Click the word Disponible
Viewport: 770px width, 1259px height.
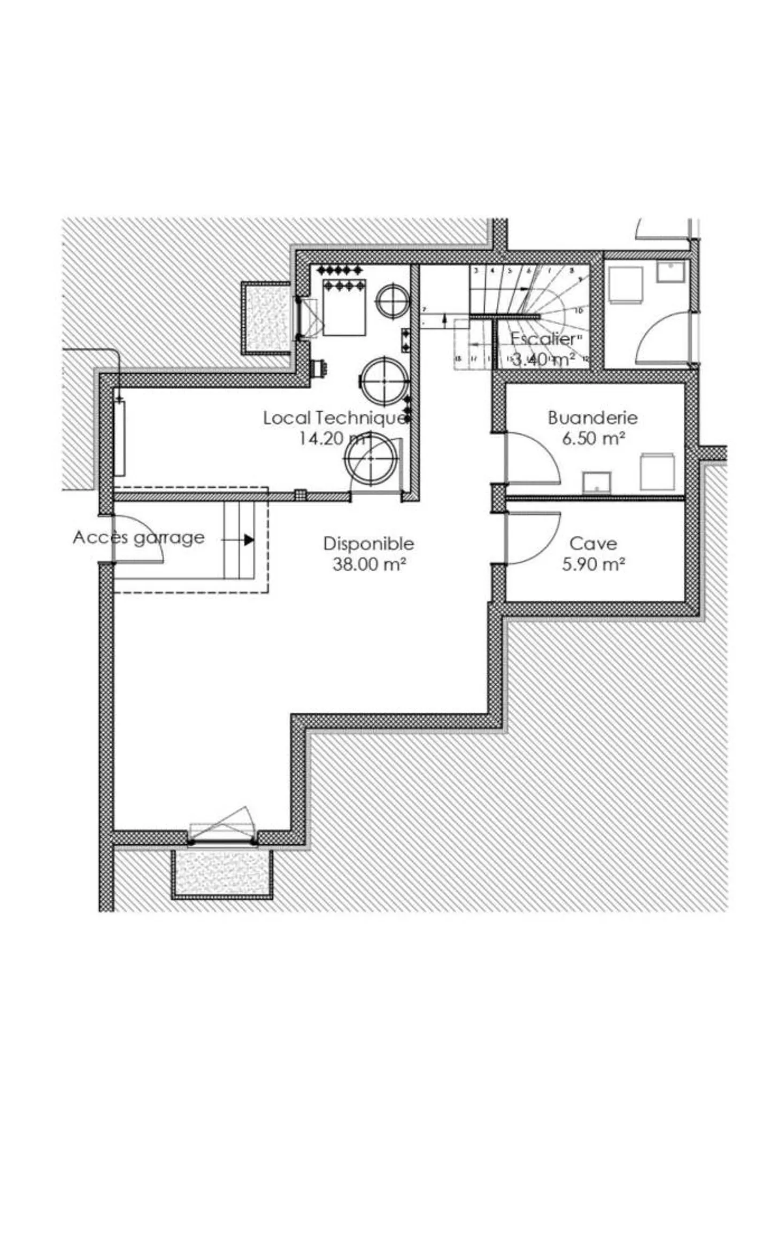[368, 544]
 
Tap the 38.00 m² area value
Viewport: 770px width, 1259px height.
[368, 564]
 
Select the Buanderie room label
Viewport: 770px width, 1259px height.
[592, 418]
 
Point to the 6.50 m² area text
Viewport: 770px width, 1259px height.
[593, 438]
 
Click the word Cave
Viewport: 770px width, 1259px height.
[593, 544]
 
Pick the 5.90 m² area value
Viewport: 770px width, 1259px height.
[593, 564]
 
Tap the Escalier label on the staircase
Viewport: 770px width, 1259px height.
[543, 338]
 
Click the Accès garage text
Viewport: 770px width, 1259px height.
[138, 537]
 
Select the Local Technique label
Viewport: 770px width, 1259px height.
[334, 418]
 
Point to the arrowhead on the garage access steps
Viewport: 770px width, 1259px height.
[249, 540]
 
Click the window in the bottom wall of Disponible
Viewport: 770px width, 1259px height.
[222, 843]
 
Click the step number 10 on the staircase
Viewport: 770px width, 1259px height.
[579, 310]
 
